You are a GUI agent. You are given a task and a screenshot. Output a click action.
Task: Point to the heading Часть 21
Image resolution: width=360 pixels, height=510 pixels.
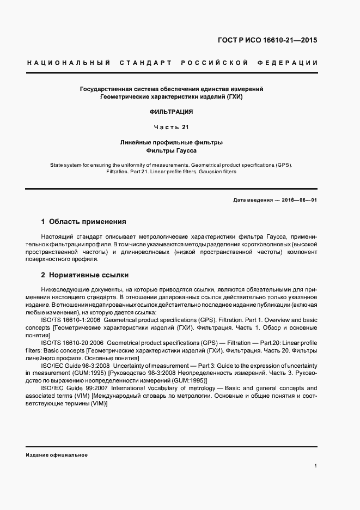172,127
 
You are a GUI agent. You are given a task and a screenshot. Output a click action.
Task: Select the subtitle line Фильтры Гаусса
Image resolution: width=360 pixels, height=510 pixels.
172,150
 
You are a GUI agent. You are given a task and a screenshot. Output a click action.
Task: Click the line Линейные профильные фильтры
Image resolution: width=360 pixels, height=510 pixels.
172,142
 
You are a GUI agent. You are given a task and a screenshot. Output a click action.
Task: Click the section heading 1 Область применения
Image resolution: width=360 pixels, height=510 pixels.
83,222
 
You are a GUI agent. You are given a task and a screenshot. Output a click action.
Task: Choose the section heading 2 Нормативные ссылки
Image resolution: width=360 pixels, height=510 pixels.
85,275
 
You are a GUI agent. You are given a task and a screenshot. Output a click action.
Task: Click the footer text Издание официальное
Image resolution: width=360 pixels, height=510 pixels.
57,454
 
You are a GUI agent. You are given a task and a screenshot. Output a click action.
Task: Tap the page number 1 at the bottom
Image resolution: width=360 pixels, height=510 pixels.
315,466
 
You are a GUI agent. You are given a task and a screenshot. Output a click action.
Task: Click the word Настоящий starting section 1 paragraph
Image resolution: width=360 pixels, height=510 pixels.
57,238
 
